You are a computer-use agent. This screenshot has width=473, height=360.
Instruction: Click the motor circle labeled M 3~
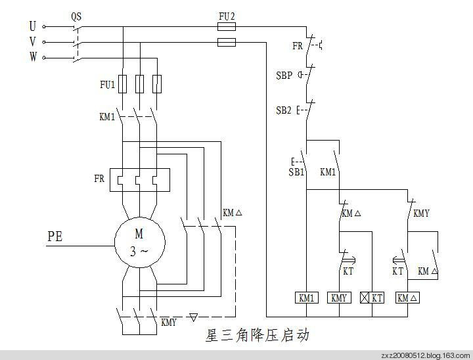(x=139, y=241)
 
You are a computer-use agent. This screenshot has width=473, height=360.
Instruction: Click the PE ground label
(x=55, y=236)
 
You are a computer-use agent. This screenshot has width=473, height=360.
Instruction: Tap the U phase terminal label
(x=32, y=26)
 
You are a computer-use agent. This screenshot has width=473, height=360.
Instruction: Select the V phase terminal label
(x=32, y=42)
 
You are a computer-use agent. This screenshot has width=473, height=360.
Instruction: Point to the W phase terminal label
(x=32, y=58)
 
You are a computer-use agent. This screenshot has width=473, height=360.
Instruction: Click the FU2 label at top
(x=226, y=14)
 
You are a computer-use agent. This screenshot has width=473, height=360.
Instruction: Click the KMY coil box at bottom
(x=339, y=298)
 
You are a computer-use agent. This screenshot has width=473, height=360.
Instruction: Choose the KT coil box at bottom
(x=372, y=298)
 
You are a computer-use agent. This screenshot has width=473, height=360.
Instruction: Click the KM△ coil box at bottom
(x=408, y=298)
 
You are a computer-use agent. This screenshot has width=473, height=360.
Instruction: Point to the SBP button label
(x=284, y=75)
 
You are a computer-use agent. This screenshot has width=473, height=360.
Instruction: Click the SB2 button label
(x=284, y=110)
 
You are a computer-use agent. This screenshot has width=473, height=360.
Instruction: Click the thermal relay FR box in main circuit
(x=139, y=179)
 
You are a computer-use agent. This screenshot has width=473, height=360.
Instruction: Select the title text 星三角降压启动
(x=257, y=336)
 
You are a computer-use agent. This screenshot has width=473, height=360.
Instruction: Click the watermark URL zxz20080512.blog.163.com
(x=425, y=355)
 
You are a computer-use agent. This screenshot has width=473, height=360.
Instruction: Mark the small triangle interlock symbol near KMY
(x=192, y=317)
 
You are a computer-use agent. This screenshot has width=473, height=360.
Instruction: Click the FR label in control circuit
(x=298, y=46)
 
